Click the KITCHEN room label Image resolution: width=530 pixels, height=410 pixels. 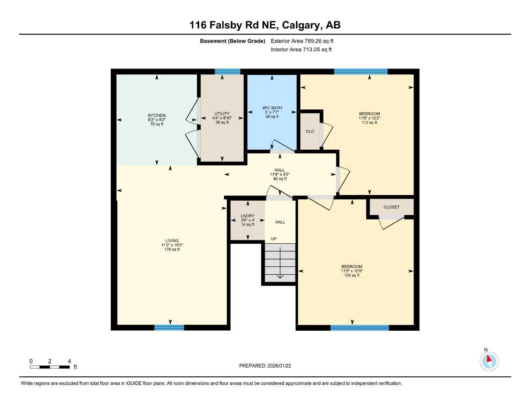click(156, 115)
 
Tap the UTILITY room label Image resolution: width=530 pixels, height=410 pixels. click(222, 114)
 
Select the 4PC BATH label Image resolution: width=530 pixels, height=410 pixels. click(272, 108)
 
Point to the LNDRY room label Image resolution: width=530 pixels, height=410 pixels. click(248, 216)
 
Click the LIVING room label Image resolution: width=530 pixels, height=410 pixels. click(172, 241)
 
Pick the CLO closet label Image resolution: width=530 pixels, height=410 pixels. click(310, 131)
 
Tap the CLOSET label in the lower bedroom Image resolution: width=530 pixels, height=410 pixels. click(391, 207)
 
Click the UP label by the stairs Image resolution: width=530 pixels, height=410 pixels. click(274, 239)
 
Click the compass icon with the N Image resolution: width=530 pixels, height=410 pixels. click(489, 361)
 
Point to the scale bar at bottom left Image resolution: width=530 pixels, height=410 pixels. click(50, 367)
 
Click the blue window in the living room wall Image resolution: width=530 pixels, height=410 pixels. click(169, 328)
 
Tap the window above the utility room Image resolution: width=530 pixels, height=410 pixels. click(228, 72)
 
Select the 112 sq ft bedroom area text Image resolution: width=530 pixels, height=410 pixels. click(369, 123)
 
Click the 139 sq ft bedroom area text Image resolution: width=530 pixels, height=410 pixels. click(352, 275)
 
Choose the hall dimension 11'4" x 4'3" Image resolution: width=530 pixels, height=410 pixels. click(280, 174)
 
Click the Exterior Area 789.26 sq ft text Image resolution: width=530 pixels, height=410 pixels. click(302, 41)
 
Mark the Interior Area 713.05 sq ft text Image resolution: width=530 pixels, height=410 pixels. click(301, 50)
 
